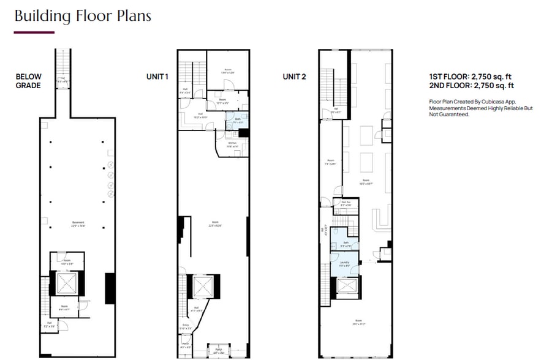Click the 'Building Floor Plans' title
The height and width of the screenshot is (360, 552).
click(x=83, y=15)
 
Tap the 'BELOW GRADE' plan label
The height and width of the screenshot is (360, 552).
click(x=28, y=81)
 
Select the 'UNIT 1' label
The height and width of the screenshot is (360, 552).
click(x=157, y=77)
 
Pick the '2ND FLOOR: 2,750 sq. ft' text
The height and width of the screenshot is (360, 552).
click(x=471, y=86)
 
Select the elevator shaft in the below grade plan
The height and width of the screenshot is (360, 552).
click(x=64, y=283)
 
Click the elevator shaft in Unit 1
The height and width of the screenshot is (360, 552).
click(x=202, y=286)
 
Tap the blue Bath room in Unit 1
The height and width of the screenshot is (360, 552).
click(x=236, y=120)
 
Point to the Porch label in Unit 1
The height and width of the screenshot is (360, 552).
click(x=217, y=350)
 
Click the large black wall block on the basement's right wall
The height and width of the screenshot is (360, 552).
click(x=110, y=288)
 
